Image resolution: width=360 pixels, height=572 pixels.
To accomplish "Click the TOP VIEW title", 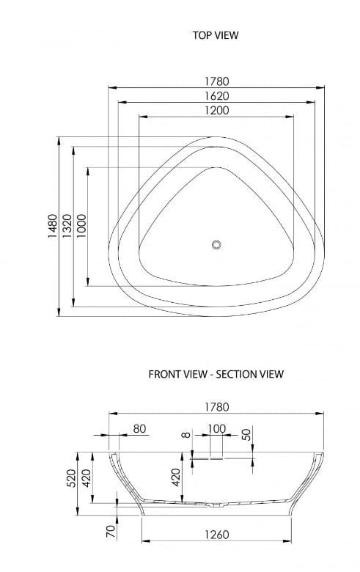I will point(216,34).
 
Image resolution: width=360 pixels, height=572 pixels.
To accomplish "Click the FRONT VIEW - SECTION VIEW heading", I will point(216,374).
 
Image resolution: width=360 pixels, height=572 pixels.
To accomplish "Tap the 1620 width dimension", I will point(216,96).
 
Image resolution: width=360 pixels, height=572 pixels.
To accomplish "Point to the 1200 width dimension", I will point(216,111).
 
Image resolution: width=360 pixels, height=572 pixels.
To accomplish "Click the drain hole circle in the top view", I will point(216,245).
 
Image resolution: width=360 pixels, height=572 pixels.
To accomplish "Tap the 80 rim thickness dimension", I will point(139,428).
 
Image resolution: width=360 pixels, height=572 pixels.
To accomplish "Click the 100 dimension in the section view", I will point(216,428).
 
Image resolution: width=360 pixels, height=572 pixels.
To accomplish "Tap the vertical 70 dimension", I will point(111,530).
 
